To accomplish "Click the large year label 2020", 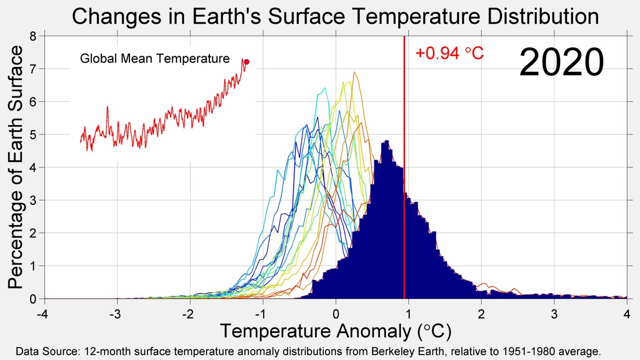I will click(x=561, y=62).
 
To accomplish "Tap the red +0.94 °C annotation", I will click(x=449, y=53).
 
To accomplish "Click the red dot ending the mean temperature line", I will click(x=246, y=62).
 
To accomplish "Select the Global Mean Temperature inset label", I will click(x=155, y=58).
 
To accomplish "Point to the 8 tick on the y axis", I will click(x=33, y=36).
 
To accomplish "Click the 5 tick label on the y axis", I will click(x=33, y=135).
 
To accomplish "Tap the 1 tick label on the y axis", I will click(x=33, y=266).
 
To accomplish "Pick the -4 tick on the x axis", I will click(x=42, y=314).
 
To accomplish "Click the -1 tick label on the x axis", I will click(x=261, y=314).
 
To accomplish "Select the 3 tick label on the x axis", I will click(x=554, y=314).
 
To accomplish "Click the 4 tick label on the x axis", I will click(x=627, y=314).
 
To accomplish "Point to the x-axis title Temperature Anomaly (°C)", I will click(x=335, y=331).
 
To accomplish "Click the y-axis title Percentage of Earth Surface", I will click(x=15, y=167).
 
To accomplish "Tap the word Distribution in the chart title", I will click(x=543, y=17).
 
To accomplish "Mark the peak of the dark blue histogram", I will click(x=386, y=141).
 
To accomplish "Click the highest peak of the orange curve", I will click(x=354, y=72).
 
